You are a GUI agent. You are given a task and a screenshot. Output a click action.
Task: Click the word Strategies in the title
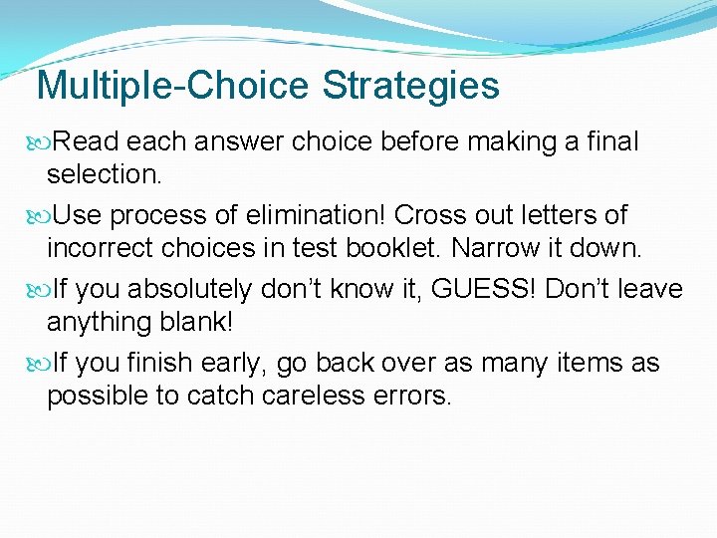(x=411, y=87)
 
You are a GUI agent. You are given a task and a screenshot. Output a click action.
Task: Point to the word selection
(x=104, y=174)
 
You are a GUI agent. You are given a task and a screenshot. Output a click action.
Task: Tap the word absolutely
(x=192, y=289)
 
